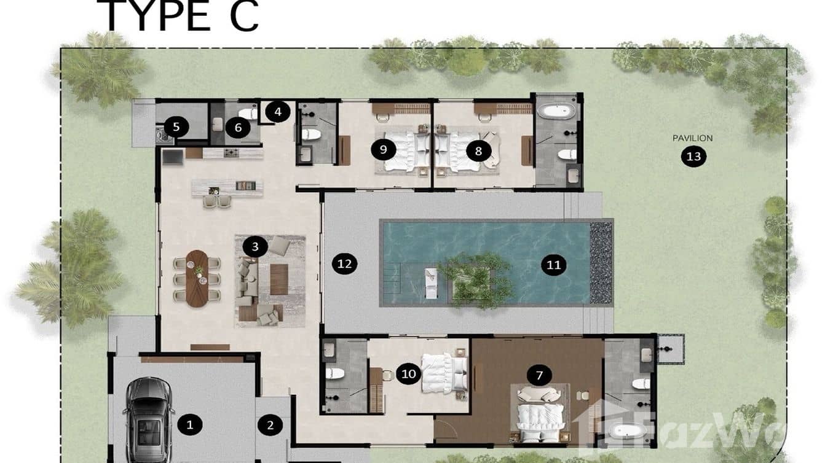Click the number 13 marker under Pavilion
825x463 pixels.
point(693,157)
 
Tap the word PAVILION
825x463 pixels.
point(693,138)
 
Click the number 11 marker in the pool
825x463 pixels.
point(553,264)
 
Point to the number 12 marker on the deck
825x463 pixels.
point(344,264)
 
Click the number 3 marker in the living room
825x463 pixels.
point(255,247)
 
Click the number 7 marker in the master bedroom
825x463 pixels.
point(539,375)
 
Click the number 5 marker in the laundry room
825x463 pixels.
point(176,127)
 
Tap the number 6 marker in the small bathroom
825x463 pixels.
point(237,128)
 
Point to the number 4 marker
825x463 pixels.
point(278,112)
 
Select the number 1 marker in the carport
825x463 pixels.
point(189,424)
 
